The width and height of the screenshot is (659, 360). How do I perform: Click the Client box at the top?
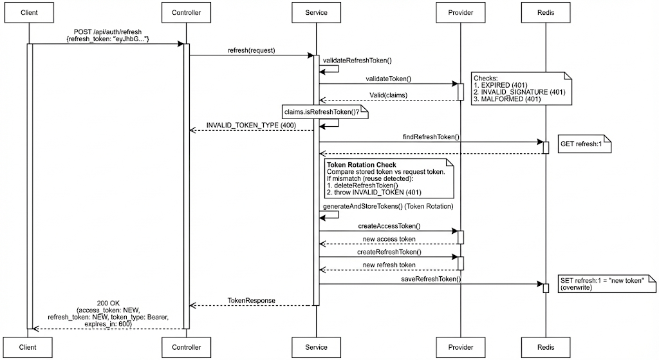[29, 12]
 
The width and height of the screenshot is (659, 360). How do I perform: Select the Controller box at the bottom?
[186, 347]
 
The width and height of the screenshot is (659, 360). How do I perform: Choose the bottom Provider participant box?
[460, 347]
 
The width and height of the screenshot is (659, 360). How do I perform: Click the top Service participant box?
[317, 12]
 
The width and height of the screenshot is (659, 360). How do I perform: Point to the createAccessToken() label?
[389, 226]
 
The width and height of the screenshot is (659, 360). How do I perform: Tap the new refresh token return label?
[389, 265]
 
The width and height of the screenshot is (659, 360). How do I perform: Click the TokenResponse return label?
[251, 301]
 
